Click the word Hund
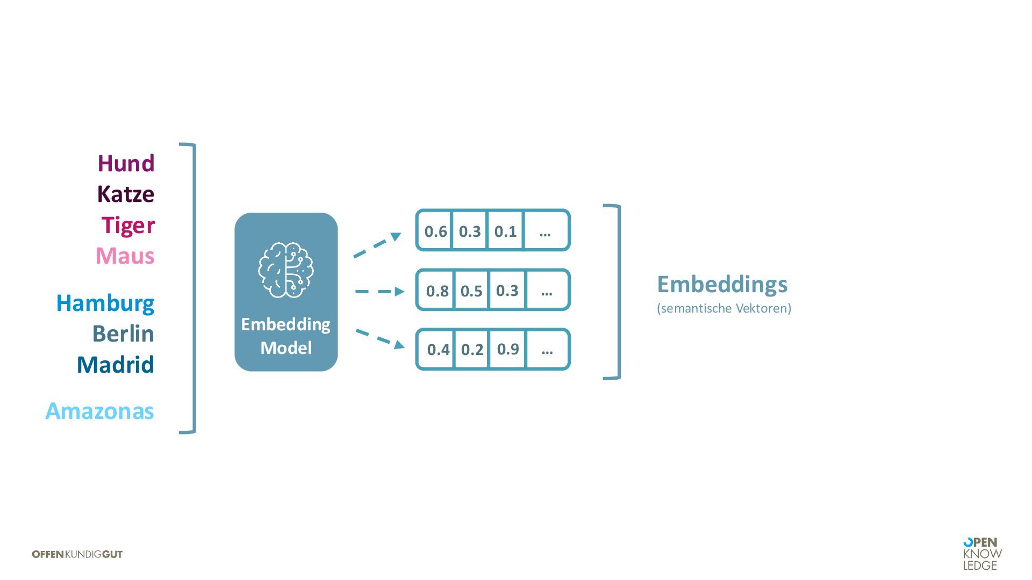coord(126,163)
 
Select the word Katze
coord(125,194)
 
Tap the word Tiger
coord(128,225)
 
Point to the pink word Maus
coord(125,256)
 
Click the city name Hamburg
coord(105,303)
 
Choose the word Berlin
coord(123,334)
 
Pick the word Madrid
coord(116,365)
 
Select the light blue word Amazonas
coord(100,411)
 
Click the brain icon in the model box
coord(286,270)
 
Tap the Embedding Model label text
coord(286,336)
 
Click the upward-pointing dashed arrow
coord(377,244)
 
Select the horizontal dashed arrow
coord(379,292)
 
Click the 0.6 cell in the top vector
coord(435,231)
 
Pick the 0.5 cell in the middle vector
coord(471,291)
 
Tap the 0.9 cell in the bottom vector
coord(508,349)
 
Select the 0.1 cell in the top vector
coord(505,231)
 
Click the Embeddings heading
coord(722,284)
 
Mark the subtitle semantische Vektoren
coord(724,308)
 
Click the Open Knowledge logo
coord(982,554)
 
